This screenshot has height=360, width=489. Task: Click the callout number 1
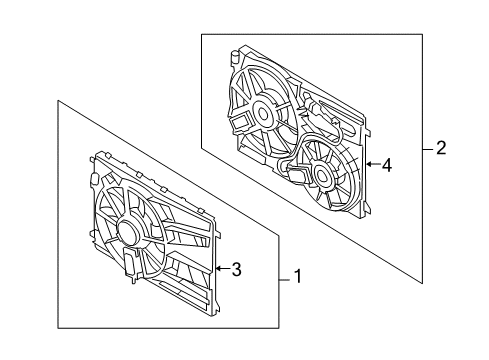(x=296, y=277)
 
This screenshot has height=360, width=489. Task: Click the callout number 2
(x=441, y=149)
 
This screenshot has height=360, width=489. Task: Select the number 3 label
(x=236, y=268)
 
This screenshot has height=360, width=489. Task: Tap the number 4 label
(x=387, y=164)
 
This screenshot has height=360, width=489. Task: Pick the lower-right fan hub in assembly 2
(x=323, y=176)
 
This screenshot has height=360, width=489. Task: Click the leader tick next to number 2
(x=427, y=149)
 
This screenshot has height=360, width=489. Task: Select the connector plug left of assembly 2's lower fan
(x=298, y=178)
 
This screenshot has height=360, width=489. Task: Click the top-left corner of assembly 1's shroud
(x=97, y=156)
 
